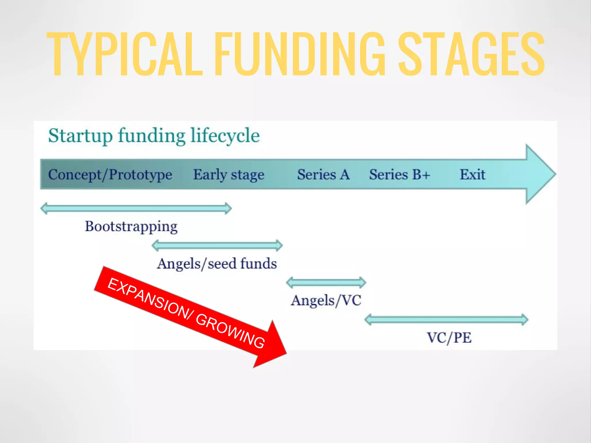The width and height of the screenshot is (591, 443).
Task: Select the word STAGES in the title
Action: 471,54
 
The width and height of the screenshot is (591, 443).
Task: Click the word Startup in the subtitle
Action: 80,136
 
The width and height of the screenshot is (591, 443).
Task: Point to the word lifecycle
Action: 225,136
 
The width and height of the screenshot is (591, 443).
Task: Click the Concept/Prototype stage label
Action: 110,175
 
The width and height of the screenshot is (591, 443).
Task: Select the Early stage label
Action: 229,175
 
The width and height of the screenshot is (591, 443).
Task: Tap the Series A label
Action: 323,175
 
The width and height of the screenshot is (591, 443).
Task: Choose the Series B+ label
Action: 400,175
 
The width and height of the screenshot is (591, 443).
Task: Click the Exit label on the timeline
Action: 472,175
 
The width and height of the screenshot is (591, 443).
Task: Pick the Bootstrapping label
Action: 131,227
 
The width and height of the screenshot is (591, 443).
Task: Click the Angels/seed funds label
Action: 217,264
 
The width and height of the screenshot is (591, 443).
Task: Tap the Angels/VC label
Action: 326,301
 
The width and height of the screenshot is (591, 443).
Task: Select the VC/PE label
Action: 449,338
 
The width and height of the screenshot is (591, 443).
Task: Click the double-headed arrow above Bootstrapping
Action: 136,208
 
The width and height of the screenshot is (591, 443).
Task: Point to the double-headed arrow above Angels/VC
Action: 326,282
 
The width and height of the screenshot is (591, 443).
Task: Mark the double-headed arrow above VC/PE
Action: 446,320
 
